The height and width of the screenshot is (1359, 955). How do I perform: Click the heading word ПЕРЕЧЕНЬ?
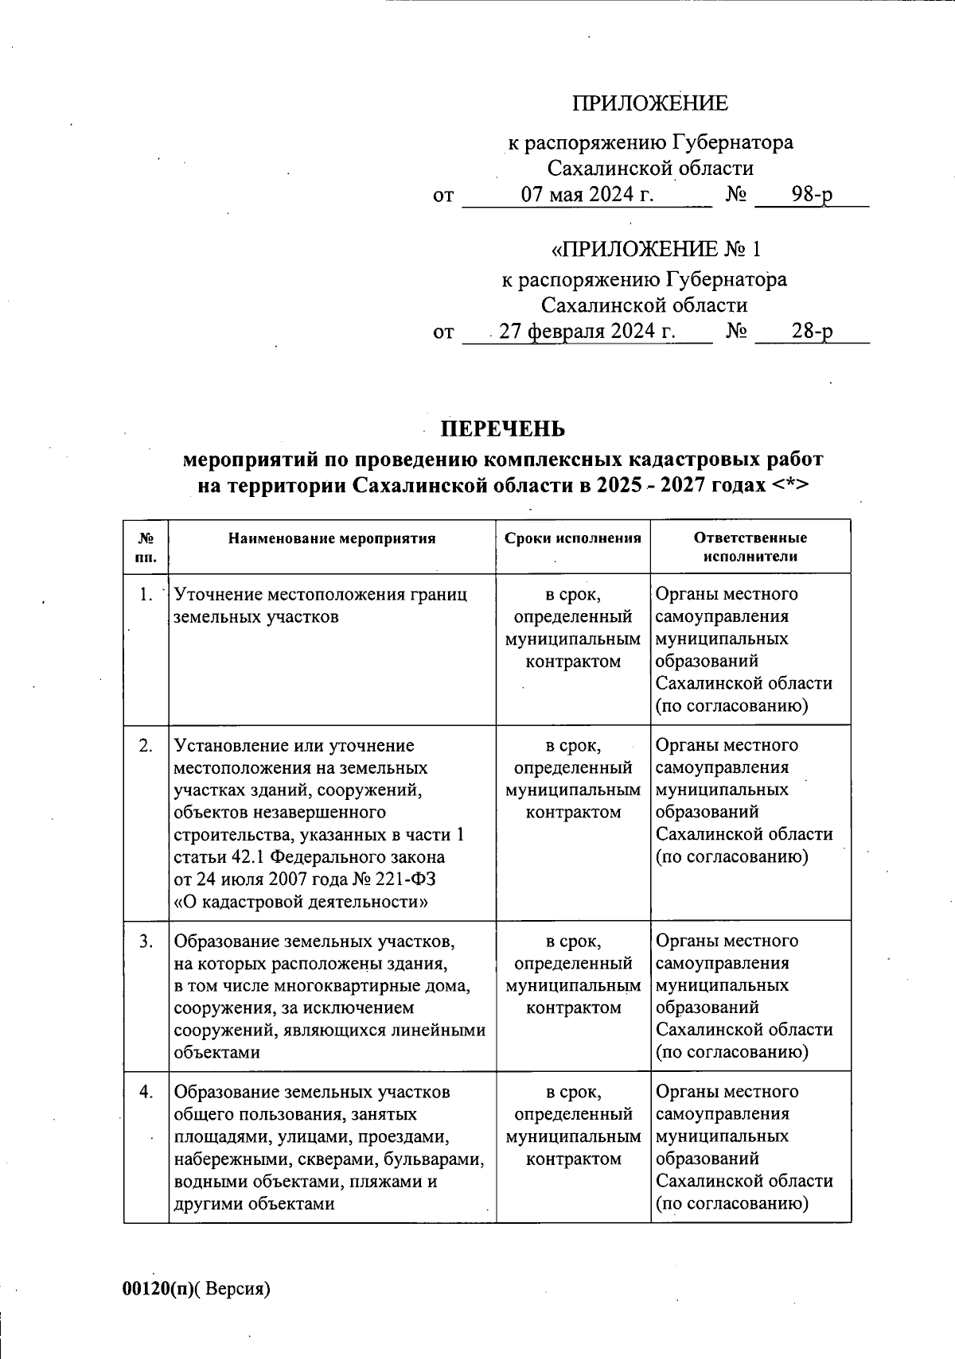[504, 429]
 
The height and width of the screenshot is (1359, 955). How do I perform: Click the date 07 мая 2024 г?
[587, 194]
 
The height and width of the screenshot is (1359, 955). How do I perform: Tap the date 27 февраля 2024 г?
[587, 331]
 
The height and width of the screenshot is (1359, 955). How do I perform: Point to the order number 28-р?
[812, 331]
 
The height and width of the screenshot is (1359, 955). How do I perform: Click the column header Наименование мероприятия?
[332, 538]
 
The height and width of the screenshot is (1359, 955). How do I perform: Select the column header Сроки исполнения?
[573, 538]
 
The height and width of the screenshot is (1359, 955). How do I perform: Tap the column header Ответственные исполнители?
[750, 547]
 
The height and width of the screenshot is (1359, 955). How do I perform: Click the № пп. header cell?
[146, 547]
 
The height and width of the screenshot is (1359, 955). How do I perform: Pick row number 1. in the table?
[145, 594]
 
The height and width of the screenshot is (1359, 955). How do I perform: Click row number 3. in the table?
[146, 941]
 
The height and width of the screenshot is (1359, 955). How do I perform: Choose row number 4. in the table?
[146, 1092]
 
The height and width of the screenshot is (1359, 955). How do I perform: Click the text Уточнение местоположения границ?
[320, 594]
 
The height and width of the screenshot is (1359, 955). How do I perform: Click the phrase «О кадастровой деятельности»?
[301, 902]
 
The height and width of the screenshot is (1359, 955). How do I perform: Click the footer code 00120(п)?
[158, 1289]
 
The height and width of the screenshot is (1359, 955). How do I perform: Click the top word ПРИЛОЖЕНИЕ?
[650, 103]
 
